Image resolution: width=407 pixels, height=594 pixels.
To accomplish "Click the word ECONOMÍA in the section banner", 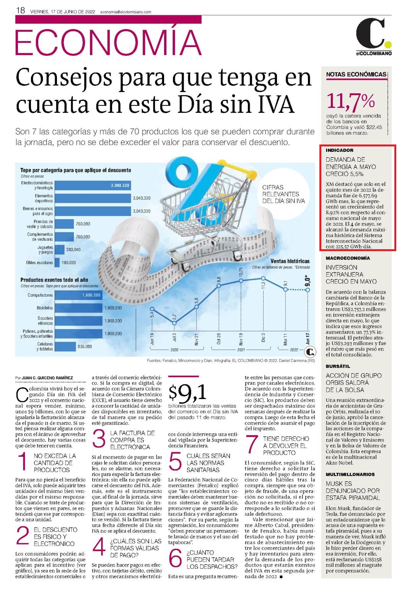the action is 108,42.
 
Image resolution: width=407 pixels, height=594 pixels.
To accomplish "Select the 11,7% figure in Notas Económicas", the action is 350,101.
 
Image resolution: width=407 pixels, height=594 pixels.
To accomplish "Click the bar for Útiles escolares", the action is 57,263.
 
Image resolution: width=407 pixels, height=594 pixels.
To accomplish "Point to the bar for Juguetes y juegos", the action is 59,250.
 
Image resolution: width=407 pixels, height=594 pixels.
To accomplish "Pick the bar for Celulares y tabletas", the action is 65,346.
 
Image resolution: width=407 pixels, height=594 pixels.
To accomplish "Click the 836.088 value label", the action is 85,346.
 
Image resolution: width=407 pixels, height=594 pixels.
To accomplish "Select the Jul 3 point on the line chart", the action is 174,323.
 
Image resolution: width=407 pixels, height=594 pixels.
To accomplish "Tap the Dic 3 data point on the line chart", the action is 263,278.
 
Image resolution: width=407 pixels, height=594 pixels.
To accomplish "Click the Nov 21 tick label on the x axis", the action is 197,339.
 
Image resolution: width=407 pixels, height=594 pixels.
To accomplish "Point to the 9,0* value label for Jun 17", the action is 308,281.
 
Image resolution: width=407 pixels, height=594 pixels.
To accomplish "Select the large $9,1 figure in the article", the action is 187,393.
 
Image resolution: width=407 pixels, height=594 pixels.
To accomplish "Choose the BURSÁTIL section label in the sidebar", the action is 338,366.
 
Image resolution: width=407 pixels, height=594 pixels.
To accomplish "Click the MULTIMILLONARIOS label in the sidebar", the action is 350,474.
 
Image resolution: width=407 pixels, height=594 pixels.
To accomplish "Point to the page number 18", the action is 20,10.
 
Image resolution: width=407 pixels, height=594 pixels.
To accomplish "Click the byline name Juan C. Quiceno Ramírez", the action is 47,378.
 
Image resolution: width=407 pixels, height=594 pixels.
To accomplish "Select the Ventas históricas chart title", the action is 290,261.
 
